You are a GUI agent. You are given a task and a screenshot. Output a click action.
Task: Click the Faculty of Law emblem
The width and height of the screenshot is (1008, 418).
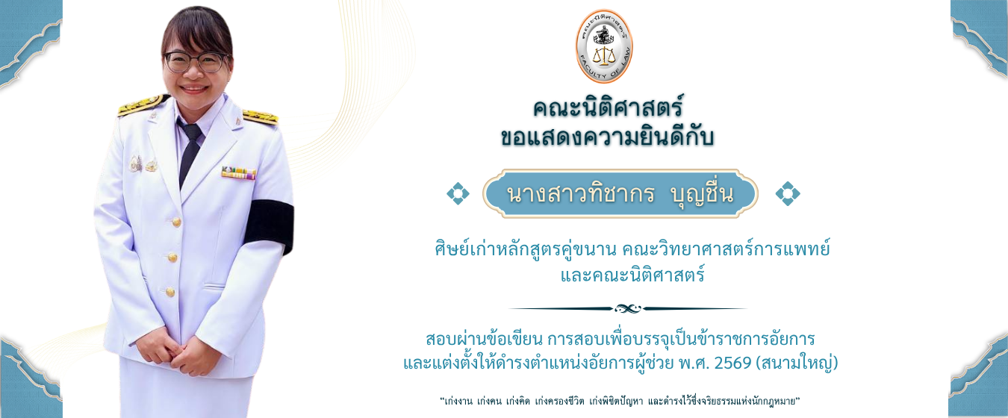click(x=604, y=46)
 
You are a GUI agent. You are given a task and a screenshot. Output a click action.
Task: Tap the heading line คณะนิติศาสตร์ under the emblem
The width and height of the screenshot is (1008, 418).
click(x=609, y=107)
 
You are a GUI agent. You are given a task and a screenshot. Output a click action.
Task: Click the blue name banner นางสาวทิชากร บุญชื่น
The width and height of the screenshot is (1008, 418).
click(x=620, y=193)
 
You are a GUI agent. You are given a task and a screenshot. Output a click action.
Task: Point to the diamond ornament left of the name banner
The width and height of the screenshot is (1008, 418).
click(x=458, y=193)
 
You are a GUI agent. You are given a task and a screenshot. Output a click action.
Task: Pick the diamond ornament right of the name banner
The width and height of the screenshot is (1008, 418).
click(x=787, y=193)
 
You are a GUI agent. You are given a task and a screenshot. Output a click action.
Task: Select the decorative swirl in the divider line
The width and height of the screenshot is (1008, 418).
click(x=628, y=308)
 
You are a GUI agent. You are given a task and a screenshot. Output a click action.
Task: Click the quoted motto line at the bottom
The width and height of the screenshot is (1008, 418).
click(x=620, y=401)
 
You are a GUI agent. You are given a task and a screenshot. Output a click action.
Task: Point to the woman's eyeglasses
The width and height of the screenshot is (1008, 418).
click(x=196, y=61)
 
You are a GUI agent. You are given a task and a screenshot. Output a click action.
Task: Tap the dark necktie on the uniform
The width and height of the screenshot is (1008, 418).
click(x=188, y=149)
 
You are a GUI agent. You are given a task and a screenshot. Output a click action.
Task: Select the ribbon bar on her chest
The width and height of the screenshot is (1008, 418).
click(x=238, y=172)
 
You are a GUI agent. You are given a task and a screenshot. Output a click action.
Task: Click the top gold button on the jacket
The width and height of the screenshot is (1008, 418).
click(x=176, y=222)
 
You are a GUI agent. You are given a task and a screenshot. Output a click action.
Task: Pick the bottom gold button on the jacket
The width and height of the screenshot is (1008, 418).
click(x=170, y=291)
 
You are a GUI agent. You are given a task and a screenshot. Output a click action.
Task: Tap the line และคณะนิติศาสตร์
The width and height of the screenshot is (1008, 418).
click(x=632, y=275)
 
